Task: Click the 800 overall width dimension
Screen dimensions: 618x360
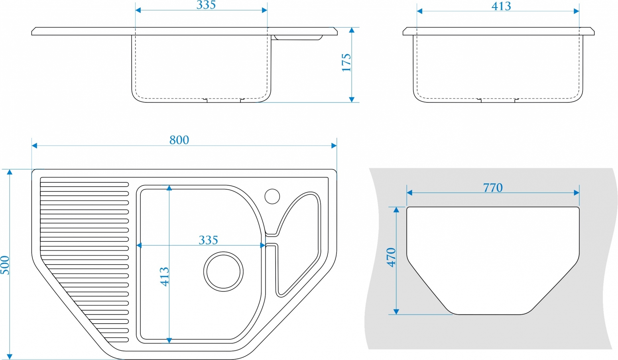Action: click(179, 140)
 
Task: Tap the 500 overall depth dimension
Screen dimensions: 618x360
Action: click(5, 265)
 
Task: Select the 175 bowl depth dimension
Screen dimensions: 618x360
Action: click(346, 63)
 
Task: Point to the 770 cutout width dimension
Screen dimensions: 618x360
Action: click(493, 188)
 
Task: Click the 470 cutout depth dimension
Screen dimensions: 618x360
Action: click(391, 258)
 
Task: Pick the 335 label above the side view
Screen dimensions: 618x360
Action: click(206, 5)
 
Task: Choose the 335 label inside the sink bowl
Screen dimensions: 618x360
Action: click(208, 240)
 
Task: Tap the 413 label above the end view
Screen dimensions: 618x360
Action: click(501, 6)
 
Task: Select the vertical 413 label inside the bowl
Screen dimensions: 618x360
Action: click(164, 277)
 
